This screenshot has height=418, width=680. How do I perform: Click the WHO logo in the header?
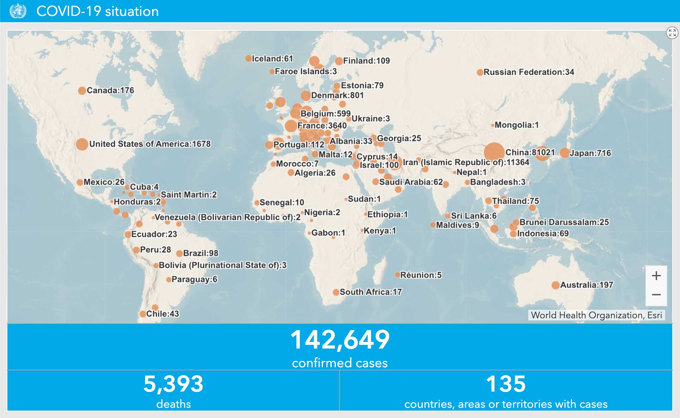[18, 11]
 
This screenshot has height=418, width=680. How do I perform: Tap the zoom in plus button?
[656, 276]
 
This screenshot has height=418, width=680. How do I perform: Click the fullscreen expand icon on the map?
[672, 33]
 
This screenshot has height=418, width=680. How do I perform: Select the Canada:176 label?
[110, 91]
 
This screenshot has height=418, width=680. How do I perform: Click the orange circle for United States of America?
[82, 144]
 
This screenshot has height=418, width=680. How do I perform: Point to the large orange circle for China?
[494, 152]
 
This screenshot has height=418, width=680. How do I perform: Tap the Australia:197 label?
[586, 285]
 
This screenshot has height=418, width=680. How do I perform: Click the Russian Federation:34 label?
[529, 72]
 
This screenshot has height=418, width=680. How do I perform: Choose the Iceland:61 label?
[272, 59]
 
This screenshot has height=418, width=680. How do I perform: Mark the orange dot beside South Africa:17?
[336, 292]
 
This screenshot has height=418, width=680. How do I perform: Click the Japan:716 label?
[590, 153]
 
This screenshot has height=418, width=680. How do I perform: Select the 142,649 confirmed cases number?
[340, 340]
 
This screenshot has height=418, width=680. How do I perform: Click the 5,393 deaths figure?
[173, 384]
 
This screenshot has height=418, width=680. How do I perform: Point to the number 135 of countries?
[506, 384]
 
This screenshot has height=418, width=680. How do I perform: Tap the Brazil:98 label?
[200, 253]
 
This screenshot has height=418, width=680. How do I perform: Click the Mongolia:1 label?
[516, 125]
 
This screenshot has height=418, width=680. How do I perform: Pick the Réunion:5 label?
[421, 275]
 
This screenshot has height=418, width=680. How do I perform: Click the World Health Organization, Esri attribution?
[596, 315]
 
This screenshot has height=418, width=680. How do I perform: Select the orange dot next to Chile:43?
[143, 314]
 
